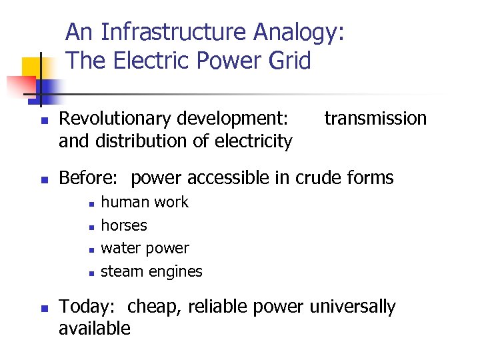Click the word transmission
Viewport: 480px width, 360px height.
click(375, 119)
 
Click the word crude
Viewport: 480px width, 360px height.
click(319, 178)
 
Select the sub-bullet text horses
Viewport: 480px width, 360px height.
click(124, 225)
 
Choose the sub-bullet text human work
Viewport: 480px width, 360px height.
click(145, 202)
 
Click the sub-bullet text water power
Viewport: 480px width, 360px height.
click(145, 249)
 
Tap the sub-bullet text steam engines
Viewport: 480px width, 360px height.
click(151, 272)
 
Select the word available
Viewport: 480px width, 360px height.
click(95, 329)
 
